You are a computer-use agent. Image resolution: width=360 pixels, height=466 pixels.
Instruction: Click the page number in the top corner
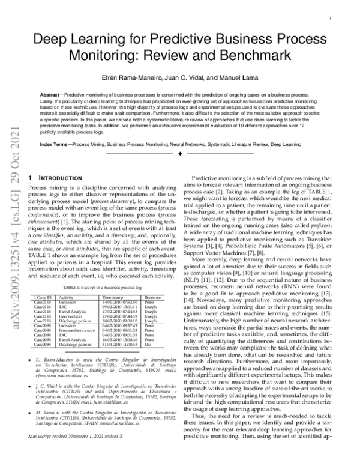pos(331,19)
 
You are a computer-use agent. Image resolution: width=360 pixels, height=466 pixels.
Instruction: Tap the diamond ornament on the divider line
pos(180,155)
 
